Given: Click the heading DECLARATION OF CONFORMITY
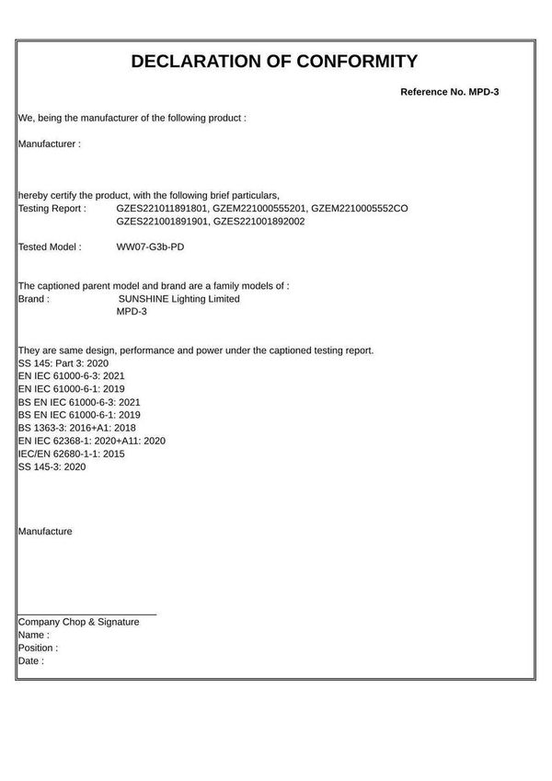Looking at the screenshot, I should [x=274, y=62].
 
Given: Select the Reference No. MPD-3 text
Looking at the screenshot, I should [x=449, y=93].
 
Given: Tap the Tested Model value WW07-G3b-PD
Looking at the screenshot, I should [x=151, y=247].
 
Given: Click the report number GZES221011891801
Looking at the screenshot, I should [x=162, y=209].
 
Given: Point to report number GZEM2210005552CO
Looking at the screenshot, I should [x=360, y=209].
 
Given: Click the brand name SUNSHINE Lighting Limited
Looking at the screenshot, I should [x=179, y=299].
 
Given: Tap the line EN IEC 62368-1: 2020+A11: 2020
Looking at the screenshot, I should [x=91, y=441].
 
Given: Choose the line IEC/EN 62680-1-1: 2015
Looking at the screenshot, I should [x=72, y=454].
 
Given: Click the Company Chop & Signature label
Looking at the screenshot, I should [x=79, y=622].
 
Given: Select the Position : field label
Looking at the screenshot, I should [x=38, y=648].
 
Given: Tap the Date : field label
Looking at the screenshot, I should [x=31, y=660].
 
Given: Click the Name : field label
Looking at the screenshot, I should [x=34, y=635].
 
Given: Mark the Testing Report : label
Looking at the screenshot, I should [x=52, y=209].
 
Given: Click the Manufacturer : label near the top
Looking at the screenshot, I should [x=50, y=144].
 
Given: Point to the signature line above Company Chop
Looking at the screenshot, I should [x=87, y=614].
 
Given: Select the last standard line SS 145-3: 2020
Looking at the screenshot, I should [x=52, y=466].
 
